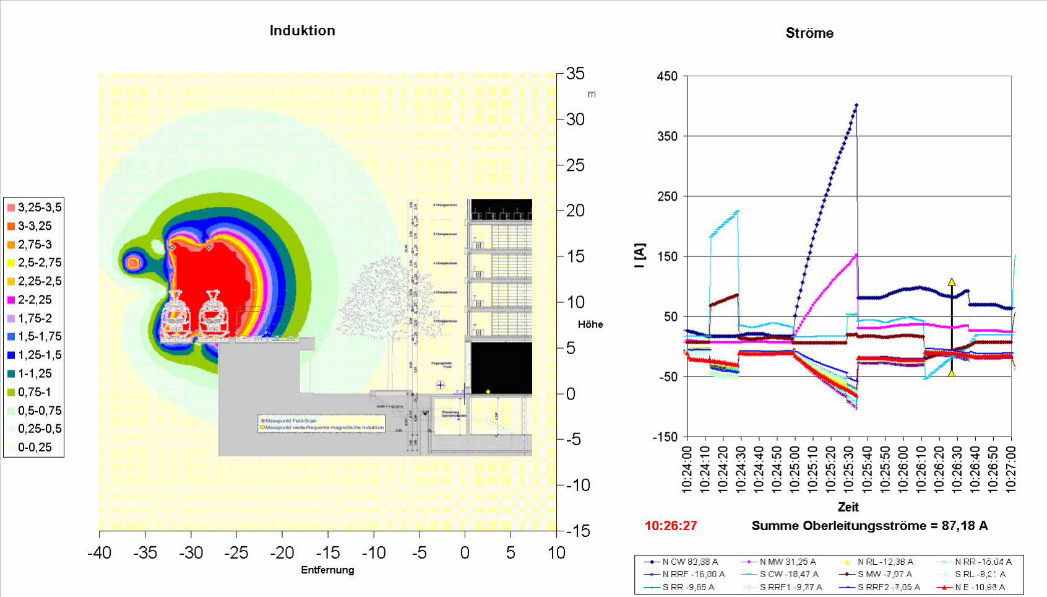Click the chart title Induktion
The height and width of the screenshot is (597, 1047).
pyautogui.click(x=302, y=30)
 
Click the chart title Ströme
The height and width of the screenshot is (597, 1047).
pyautogui.click(x=809, y=33)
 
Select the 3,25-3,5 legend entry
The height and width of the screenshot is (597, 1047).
pyautogui.click(x=34, y=207)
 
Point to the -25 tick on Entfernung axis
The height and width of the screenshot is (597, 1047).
pyautogui.click(x=236, y=552)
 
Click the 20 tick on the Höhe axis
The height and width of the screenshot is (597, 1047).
pyautogui.click(x=575, y=211)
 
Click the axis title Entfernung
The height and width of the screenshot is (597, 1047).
pyautogui.click(x=327, y=570)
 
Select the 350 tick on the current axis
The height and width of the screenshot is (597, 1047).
pyautogui.click(x=667, y=136)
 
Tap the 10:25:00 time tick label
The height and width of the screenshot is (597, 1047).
pyautogui.click(x=794, y=469)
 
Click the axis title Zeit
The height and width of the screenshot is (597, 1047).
pyautogui.click(x=848, y=507)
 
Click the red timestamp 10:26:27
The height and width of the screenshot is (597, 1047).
pyautogui.click(x=671, y=526)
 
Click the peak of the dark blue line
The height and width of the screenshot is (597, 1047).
pyautogui.click(x=856, y=105)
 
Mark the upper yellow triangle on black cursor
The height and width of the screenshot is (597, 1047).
pyautogui.click(x=952, y=282)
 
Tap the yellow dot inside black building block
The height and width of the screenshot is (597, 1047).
pyautogui.click(x=488, y=391)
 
